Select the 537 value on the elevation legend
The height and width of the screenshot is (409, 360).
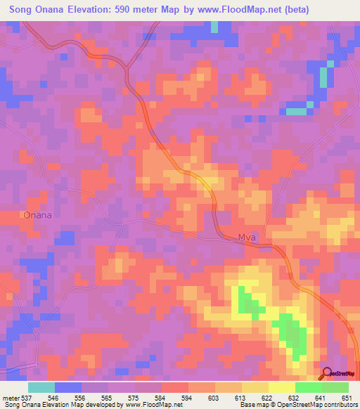point(27,397)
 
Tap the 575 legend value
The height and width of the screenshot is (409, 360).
point(134,397)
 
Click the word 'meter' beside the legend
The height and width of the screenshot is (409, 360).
point(10,397)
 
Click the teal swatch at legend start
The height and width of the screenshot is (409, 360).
point(41,387)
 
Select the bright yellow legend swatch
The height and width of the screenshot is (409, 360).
point(281,387)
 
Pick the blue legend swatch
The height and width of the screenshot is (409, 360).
point(68,387)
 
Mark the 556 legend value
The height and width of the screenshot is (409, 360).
point(81,397)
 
